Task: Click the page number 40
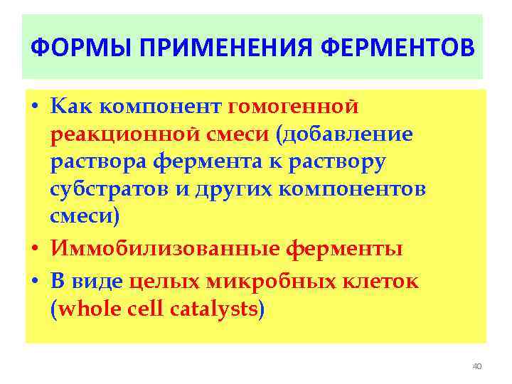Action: coord(476,366)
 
